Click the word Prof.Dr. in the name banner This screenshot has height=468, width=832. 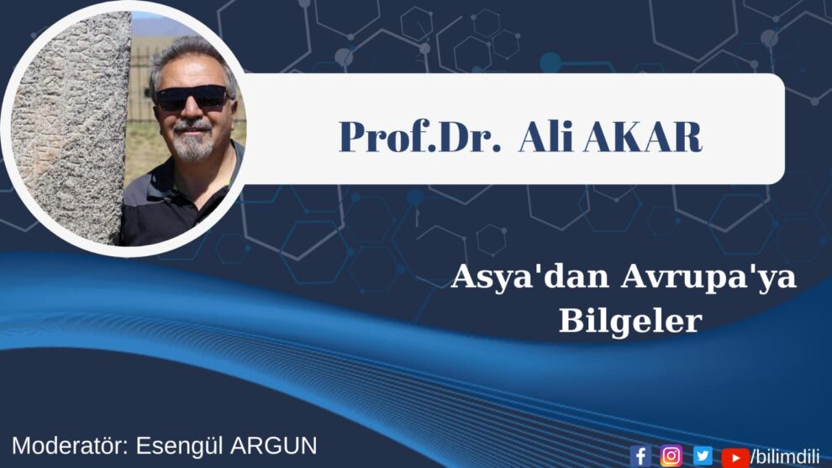click(419, 137)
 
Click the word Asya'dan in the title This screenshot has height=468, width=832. click(529, 277)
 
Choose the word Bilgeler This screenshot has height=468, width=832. click(630, 320)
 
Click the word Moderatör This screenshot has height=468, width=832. click(70, 445)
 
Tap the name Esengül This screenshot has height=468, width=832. click(178, 446)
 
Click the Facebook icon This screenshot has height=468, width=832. click(640, 455)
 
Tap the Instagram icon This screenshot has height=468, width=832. click(671, 455)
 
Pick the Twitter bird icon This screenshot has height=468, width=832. click(703, 455)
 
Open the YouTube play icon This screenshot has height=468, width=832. click(735, 457)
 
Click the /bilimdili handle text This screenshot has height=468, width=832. click(785, 456)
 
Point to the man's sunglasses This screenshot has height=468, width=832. click(192, 98)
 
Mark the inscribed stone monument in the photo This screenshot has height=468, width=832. click(69, 128)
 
